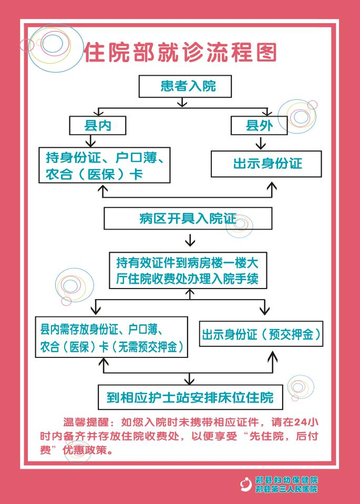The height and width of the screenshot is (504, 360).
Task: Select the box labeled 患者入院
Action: (x=185, y=86)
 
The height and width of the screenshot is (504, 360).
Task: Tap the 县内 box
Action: (x=98, y=126)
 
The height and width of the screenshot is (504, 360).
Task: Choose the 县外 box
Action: (x=259, y=126)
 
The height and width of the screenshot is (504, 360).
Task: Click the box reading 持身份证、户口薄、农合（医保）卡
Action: (x=105, y=165)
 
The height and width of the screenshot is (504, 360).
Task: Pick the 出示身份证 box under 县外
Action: (x=266, y=164)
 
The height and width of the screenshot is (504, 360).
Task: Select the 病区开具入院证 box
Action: (x=188, y=218)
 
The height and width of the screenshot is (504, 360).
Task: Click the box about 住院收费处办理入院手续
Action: (x=188, y=270)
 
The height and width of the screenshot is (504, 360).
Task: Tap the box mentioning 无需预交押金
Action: (x=111, y=337)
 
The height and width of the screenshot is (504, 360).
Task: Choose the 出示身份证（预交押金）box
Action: (x=261, y=334)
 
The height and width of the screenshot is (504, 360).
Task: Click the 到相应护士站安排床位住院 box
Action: (x=190, y=397)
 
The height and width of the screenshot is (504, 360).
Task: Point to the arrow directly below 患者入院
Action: (x=182, y=102)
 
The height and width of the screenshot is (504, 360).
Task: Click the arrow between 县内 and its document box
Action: (x=90, y=141)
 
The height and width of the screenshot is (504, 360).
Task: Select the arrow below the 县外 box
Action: (x=261, y=143)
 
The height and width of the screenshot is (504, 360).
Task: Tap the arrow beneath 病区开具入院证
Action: (x=190, y=240)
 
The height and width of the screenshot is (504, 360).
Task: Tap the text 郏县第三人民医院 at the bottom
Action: (x=286, y=489)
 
